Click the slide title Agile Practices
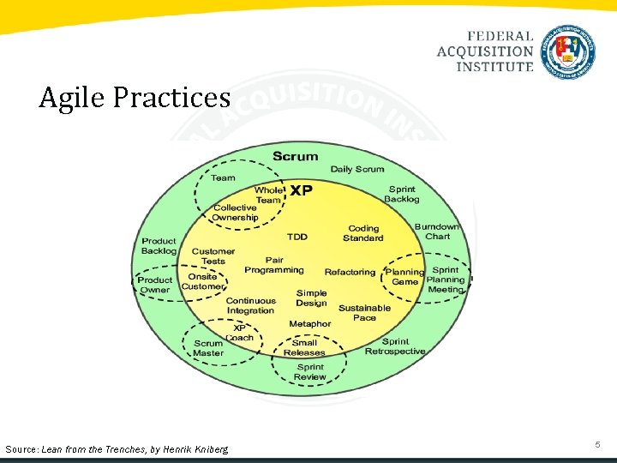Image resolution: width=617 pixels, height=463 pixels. [x=135, y=98]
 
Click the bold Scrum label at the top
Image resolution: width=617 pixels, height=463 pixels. [x=295, y=156]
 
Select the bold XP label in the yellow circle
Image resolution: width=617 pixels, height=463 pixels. [x=300, y=190]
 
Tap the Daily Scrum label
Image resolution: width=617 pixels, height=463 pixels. [x=357, y=169]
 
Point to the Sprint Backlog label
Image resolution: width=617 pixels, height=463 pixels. [x=401, y=195]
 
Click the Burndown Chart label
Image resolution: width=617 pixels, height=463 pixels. [x=437, y=231]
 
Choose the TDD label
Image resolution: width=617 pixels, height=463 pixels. [x=297, y=237]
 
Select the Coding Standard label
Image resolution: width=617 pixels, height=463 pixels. [x=363, y=233]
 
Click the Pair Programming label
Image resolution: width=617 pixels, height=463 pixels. [x=274, y=265]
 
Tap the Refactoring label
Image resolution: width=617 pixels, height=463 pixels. [x=350, y=272]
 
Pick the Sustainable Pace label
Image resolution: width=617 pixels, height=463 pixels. [x=364, y=313]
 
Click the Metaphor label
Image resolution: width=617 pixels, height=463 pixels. [x=309, y=324]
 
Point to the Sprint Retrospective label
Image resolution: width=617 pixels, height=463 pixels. [x=395, y=346]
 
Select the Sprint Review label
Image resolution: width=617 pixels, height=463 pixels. [x=309, y=372]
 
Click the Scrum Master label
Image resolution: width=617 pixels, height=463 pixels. [x=207, y=348]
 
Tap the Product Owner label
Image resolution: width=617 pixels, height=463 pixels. [x=154, y=285]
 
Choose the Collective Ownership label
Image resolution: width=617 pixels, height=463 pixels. [x=235, y=213]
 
